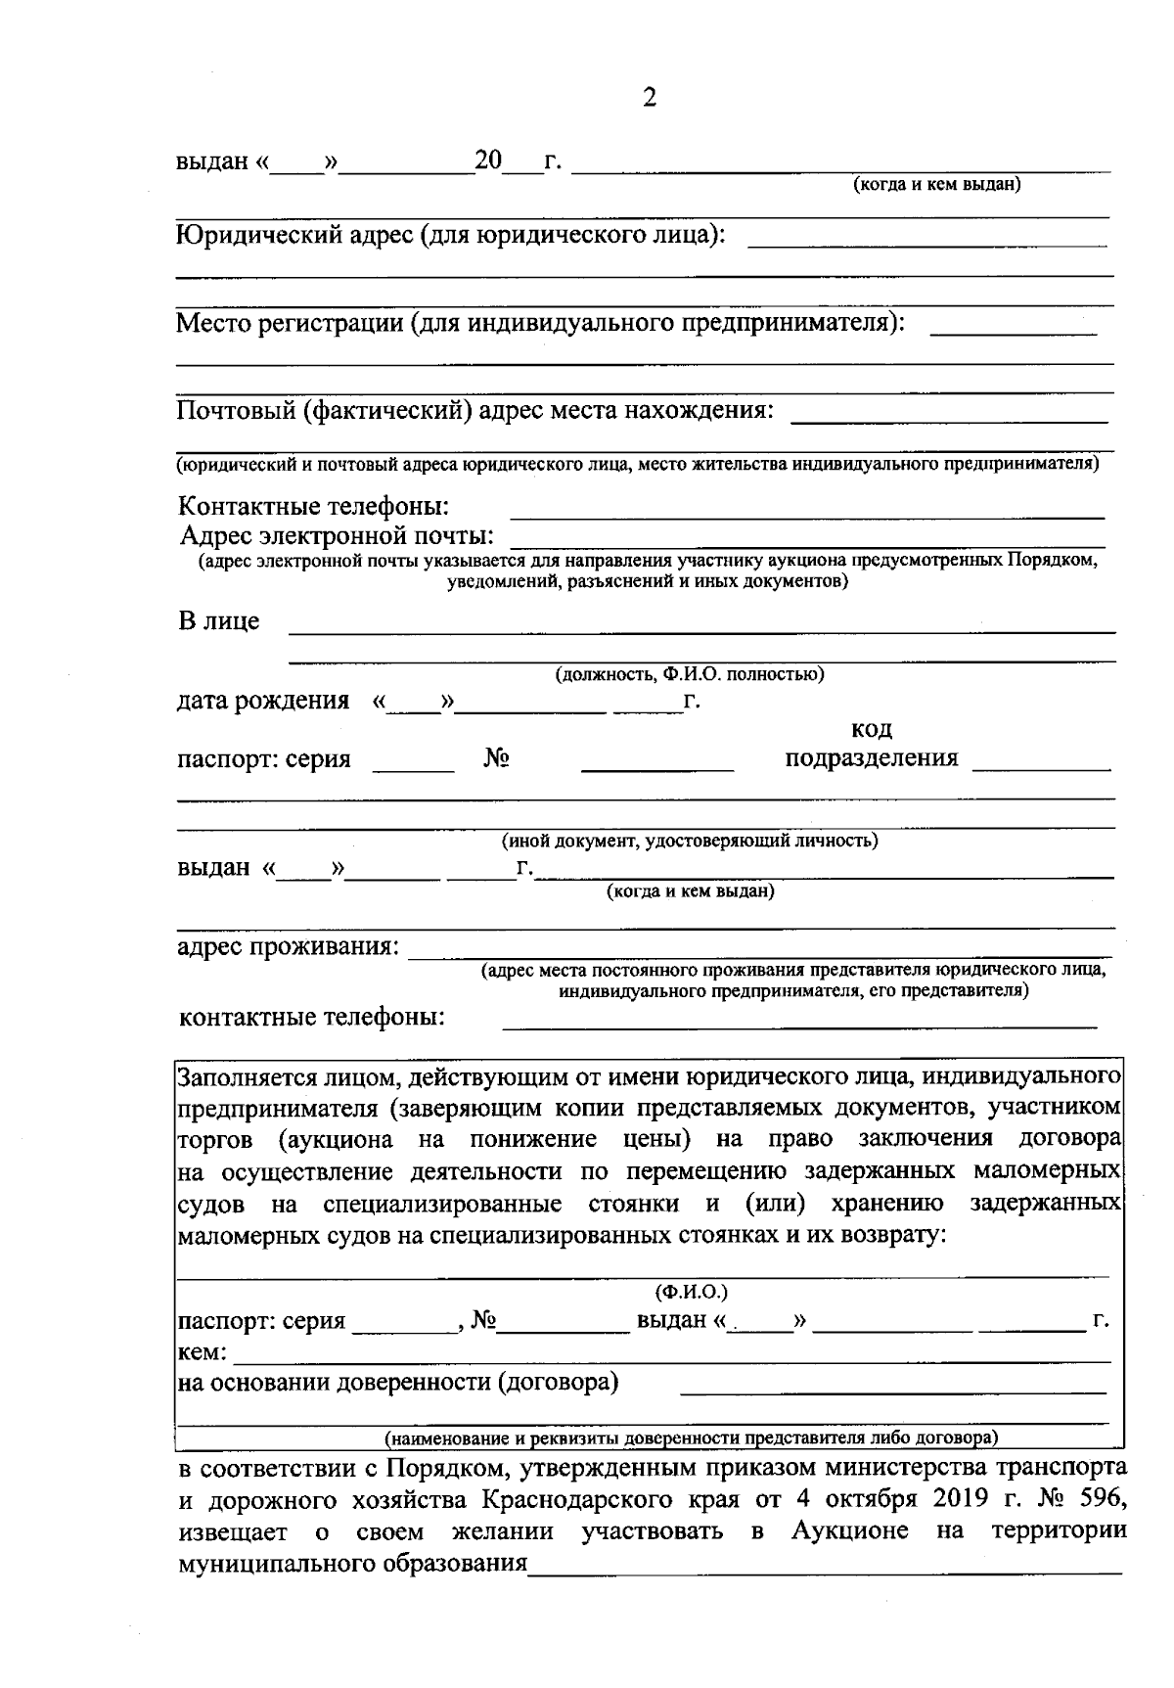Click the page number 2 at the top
coord(649,98)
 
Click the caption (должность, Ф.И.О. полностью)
coord(690,674)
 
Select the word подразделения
coord(872,758)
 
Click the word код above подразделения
coord(872,730)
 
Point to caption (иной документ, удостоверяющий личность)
coord(690,841)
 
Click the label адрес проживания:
coord(288,947)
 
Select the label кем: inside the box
coord(202,1352)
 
